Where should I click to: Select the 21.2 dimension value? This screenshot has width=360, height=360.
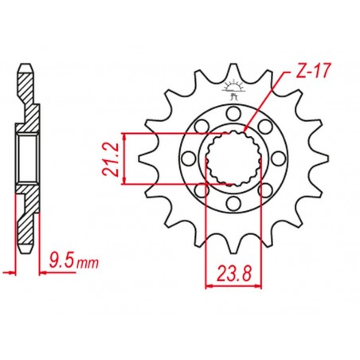click(110, 158)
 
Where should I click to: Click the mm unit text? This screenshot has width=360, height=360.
click(88, 263)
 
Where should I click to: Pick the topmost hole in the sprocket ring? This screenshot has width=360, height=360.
click(233, 113)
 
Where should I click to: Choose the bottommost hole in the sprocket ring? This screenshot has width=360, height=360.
click(233, 203)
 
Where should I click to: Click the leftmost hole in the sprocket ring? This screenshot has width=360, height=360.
click(188, 158)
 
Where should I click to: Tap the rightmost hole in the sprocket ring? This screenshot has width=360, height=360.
click(279, 158)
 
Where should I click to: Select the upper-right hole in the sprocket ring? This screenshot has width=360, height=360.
click(265, 127)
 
